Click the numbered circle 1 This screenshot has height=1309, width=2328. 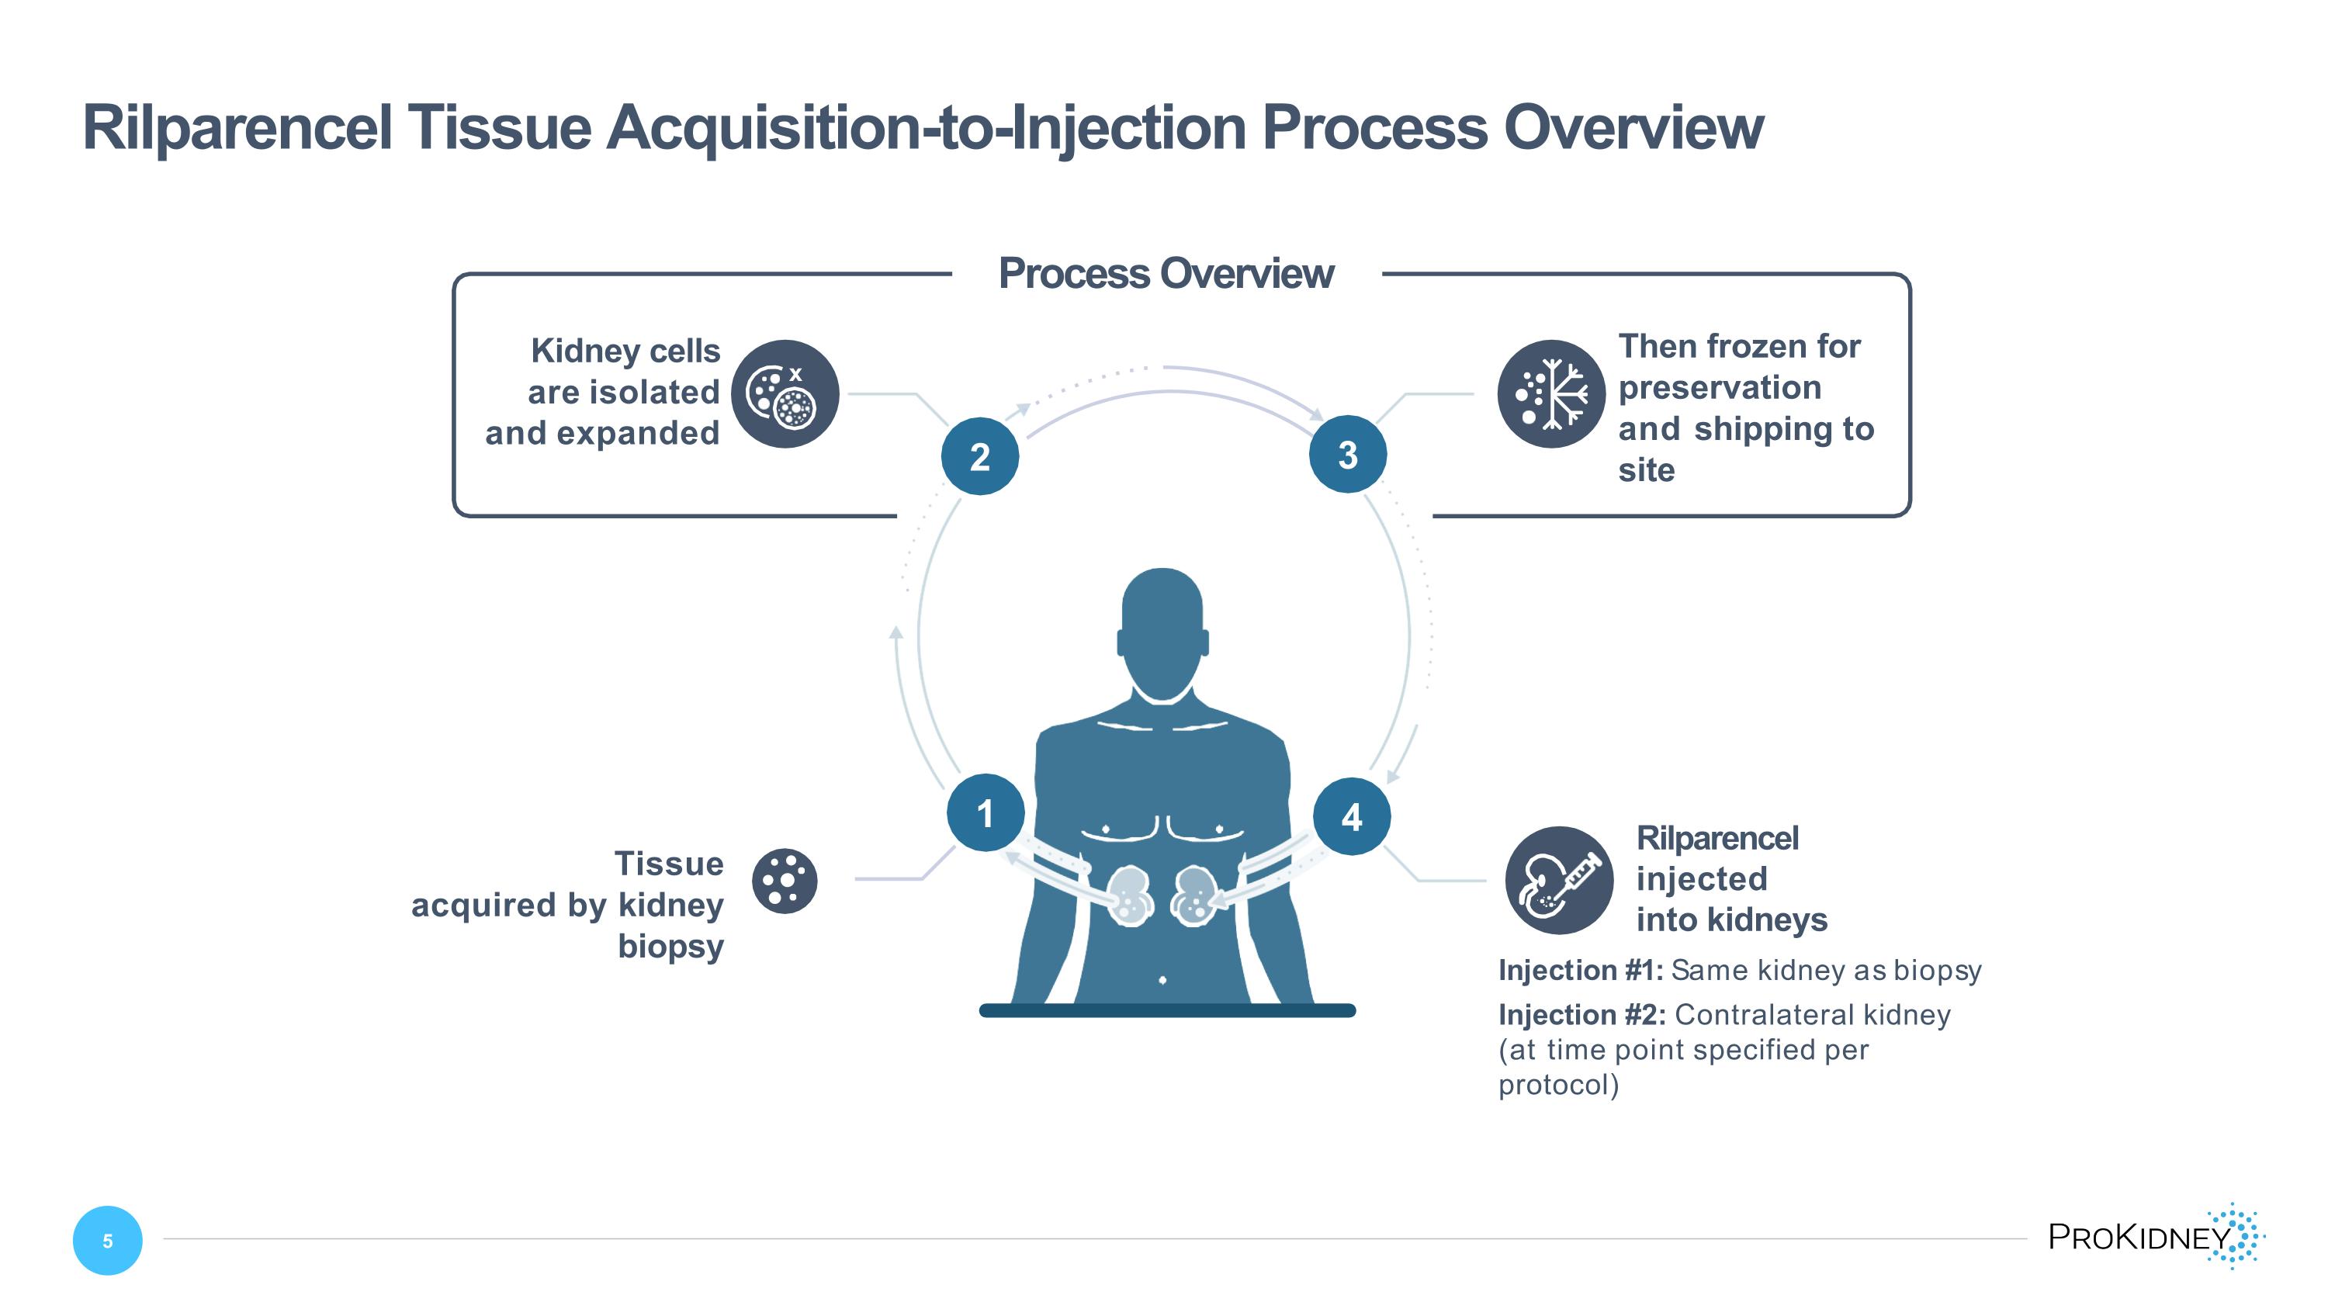pos(985,813)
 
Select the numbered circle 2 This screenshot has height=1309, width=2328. pos(979,456)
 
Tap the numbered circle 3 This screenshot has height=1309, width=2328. pos(1347,455)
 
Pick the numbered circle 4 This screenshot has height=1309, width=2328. pos(1351,816)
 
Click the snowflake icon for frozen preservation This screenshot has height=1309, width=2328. pos(1550,394)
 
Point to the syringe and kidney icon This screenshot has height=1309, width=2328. pos(1558,880)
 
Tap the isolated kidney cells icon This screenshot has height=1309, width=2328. pos(785,394)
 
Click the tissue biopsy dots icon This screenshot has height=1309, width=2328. pos(785,881)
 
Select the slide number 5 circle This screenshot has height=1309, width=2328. pos(108,1241)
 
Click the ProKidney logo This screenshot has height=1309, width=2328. pos(2156,1236)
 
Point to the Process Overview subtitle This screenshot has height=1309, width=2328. pos(1166,274)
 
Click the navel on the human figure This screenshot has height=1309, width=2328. pos(1162,980)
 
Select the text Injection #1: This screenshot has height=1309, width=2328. pos(1580,970)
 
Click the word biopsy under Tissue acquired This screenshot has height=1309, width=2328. pos(670,947)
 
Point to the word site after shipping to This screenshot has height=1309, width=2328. pos(1646,471)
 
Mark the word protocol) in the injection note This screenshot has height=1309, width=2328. pos(1558,1084)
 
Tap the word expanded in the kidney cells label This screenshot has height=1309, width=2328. pos(638,434)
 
